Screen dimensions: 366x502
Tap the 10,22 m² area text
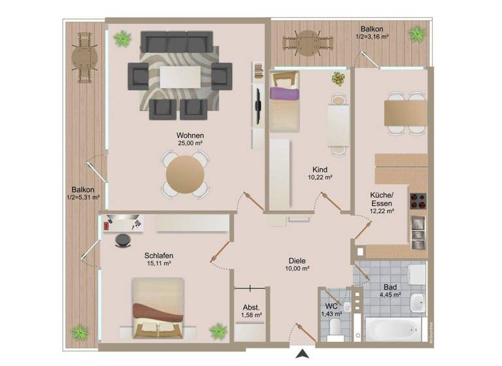(320, 177)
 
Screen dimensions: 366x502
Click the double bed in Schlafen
(157, 307)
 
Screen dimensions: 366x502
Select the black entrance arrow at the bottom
(302, 355)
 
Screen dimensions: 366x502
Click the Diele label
(298, 260)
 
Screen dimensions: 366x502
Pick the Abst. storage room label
(252, 307)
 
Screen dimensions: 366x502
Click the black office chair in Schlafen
(122, 241)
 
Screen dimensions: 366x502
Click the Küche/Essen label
(381, 199)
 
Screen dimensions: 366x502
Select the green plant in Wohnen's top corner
(122, 40)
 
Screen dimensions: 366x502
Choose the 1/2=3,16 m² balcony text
(373, 37)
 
